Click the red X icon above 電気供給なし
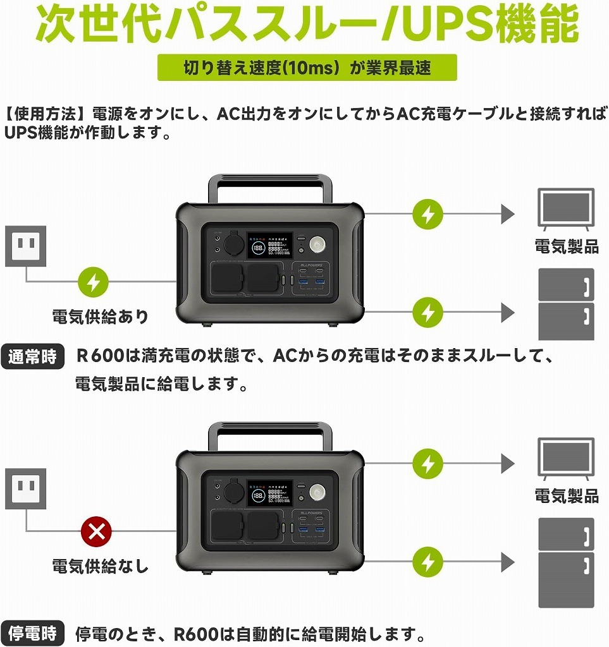pos(96,531)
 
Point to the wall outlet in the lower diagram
pos(26,488)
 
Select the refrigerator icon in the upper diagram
pos(566,304)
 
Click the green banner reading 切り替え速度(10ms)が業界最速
pos(307,68)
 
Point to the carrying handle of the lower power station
pos(270,435)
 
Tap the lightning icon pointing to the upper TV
pos(428,214)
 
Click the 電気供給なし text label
pos(101,566)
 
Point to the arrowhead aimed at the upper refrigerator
pos(507,312)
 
